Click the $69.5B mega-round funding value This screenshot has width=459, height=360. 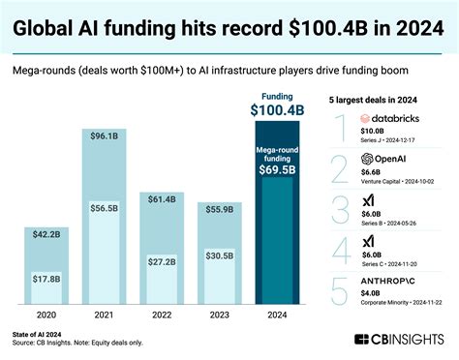pyautogui.click(x=280, y=171)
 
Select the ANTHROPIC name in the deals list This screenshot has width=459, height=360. pyautogui.click(x=391, y=280)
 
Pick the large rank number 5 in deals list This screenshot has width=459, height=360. pyautogui.click(x=338, y=287)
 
